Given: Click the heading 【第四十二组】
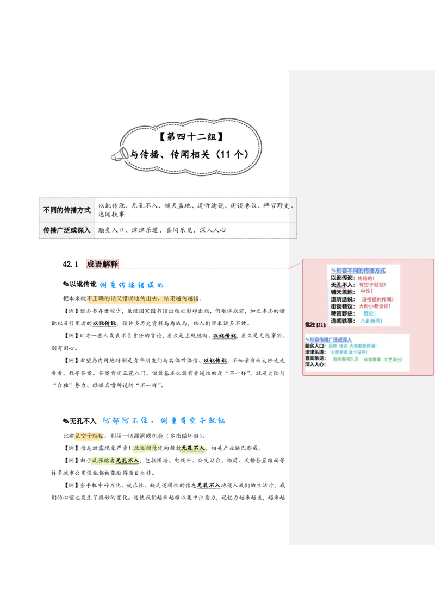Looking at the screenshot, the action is point(192,136).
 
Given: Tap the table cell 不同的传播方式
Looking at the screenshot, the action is point(67,210).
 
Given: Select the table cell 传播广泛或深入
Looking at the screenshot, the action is point(67,230).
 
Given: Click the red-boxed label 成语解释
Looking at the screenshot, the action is point(102,264).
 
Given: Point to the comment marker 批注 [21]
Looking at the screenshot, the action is point(315,324).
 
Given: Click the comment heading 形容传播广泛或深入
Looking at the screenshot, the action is point(330,340).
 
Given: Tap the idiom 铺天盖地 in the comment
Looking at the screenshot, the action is point(343,292).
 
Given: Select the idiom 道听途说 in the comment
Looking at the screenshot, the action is point(343,299).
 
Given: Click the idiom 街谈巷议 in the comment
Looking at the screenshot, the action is point(343,306).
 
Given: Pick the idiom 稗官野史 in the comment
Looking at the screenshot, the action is point(343,313).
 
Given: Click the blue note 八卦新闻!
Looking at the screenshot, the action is point(372,321).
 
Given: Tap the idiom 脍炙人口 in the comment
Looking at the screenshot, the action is point(315,346).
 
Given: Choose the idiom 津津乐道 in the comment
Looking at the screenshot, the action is point(315,353).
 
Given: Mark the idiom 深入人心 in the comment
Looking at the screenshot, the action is point(315,365).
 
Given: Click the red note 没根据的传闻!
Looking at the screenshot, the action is point(378,299).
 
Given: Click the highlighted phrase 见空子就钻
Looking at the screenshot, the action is point(89,436).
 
